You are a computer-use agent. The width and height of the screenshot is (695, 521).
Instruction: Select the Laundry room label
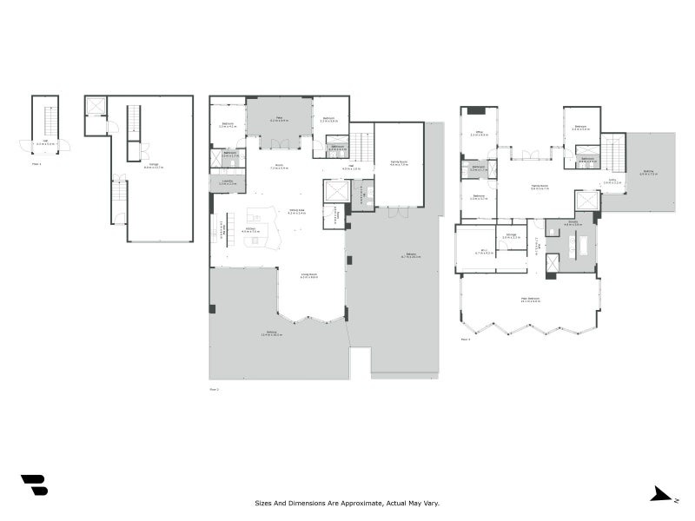(x=228, y=182)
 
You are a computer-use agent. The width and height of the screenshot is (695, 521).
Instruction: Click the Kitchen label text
(x=250, y=231)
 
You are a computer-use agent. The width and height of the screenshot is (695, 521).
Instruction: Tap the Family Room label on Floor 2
(x=399, y=163)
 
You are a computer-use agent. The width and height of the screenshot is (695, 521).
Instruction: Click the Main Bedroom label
(x=531, y=300)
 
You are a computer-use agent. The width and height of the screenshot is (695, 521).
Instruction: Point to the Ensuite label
(x=573, y=223)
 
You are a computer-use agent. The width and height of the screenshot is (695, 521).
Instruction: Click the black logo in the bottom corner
(x=34, y=485)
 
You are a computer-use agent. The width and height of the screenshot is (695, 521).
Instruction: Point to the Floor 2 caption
(x=215, y=390)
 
